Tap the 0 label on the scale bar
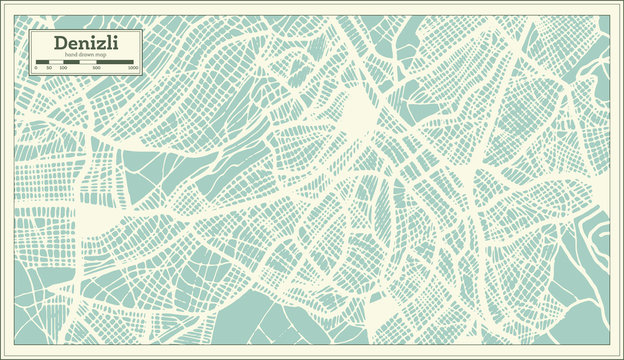[x=36, y=69]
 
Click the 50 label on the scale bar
[x=49, y=69]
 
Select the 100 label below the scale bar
[x=63, y=69]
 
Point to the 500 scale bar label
[x=96, y=69]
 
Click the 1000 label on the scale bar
[x=132, y=69]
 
